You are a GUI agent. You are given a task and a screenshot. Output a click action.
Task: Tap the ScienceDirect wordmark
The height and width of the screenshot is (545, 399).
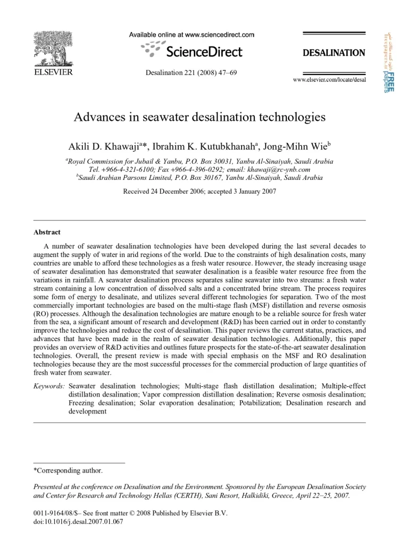pyautogui.click(x=204, y=52)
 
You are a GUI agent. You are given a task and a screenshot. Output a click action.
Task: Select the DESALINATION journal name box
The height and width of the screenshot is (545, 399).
pyautogui.click(x=334, y=53)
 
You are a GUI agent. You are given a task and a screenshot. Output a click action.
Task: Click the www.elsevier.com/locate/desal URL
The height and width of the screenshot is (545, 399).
pyautogui.click(x=329, y=79)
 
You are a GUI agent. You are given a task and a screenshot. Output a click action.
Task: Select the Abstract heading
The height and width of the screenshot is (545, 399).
pyautogui.click(x=47, y=232)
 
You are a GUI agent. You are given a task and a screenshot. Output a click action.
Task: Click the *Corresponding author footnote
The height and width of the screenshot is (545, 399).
pyautogui.click(x=68, y=470)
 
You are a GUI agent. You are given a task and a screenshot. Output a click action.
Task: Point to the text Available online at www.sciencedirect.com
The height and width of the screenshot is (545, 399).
pyautogui.click(x=192, y=35)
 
